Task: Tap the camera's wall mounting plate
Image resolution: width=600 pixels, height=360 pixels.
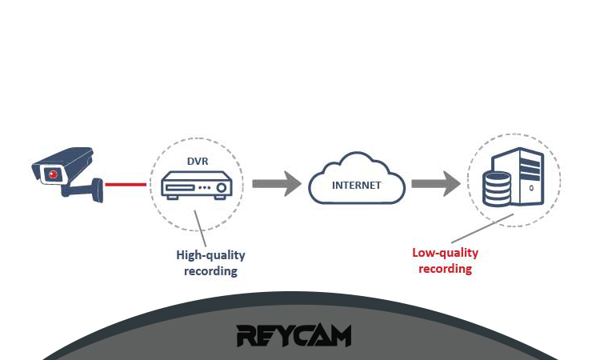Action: (x=98, y=189)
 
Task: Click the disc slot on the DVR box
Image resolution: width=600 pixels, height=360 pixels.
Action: (x=181, y=189)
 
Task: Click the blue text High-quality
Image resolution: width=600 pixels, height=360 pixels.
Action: (x=210, y=255)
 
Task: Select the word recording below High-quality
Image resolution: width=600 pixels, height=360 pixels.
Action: (x=210, y=271)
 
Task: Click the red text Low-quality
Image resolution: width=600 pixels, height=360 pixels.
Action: (x=445, y=253)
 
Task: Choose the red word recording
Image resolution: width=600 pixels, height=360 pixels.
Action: (x=445, y=269)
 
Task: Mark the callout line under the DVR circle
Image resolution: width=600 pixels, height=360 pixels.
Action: (x=200, y=233)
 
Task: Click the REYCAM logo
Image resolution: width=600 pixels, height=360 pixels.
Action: (x=294, y=335)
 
